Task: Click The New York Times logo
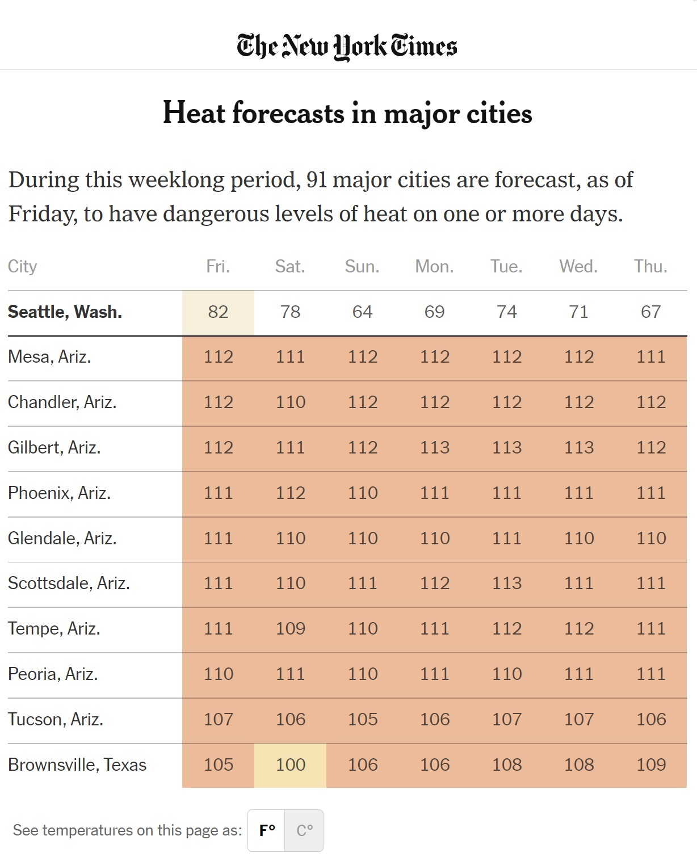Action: (x=347, y=47)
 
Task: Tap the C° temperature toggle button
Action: (x=304, y=830)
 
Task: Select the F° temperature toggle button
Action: (x=267, y=830)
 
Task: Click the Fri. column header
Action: (x=218, y=266)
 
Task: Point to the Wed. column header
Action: (x=578, y=266)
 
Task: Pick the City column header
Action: (x=23, y=266)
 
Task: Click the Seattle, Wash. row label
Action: (x=65, y=312)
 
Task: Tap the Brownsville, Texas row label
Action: (x=77, y=765)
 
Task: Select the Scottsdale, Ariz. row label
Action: (x=69, y=583)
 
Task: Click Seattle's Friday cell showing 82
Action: (x=218, y=312)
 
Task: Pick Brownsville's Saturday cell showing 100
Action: (x=291, y=765)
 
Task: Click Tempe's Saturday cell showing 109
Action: (x=291, y=628)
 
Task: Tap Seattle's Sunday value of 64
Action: (x=362, y=312)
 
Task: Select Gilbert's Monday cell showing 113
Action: (x=435, y=447)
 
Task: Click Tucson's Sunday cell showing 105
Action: (x=363, y=719)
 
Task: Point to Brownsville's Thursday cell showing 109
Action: (x=651, y=765)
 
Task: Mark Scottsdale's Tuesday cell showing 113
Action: (x=507, y=583)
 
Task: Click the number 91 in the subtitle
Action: (x=317, y=180)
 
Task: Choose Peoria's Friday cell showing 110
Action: (x=219, y=674)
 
